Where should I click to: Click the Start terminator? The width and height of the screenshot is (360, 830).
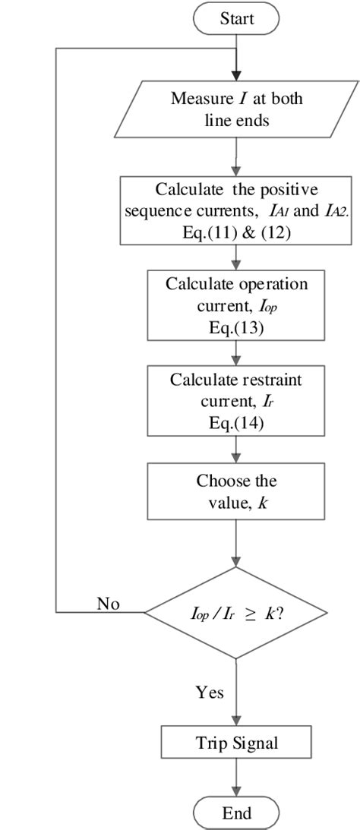(x=237, y=18)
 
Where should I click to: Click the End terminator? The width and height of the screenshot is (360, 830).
(x=237, y=813)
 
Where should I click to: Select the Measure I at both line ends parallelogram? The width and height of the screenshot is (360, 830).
(x=237, y=109)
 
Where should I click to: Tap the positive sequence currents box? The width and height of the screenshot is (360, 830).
(x=237, y=201)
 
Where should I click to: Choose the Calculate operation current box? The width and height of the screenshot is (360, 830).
(x=237, y=305)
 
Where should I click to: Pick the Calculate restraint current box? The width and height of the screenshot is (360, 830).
(x=237, y=401)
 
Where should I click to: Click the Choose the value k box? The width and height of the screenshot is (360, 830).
(x=237, y=491)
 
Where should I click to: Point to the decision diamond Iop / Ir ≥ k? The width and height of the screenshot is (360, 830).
(x=237, y=611)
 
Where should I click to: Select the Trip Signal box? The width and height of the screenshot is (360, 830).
(x=237, y=742)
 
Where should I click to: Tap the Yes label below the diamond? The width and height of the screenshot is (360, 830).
(x=210, y=692)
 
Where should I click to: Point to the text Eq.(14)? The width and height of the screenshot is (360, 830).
(x=237, y=424)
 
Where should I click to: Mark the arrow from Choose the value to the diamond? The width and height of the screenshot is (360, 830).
(x=237, y=542)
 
